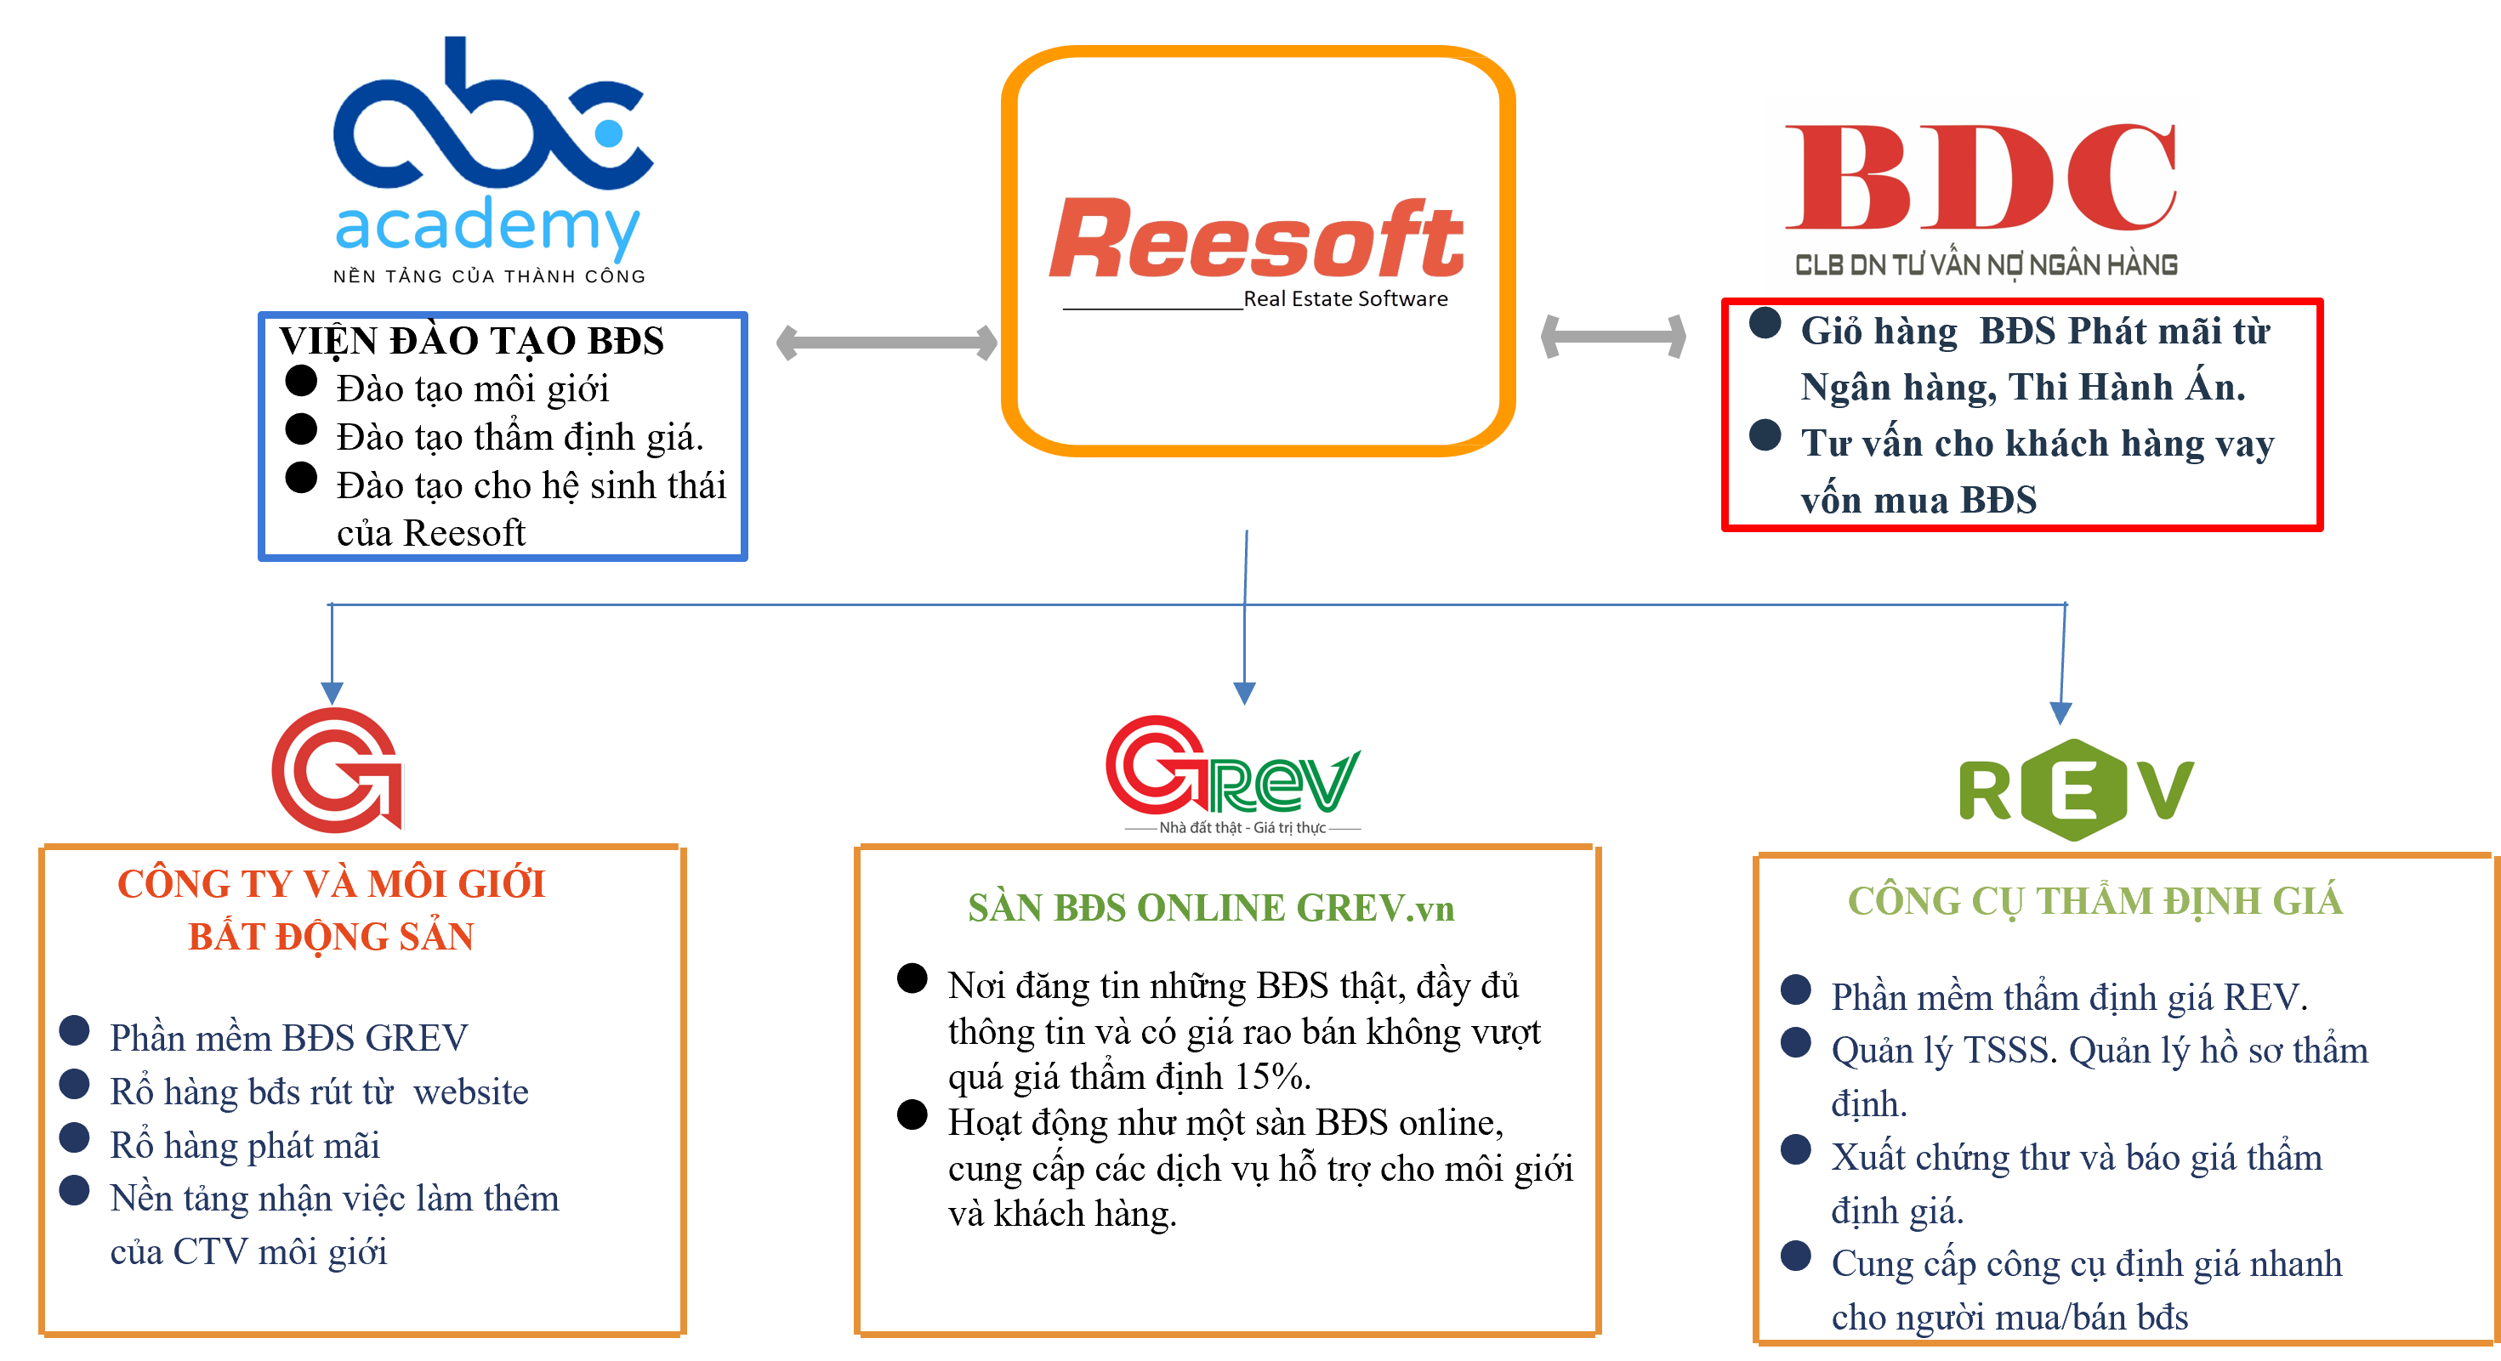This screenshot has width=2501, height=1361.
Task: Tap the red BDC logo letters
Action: click(1981, 178)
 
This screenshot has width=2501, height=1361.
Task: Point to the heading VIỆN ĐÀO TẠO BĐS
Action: click(472, 341)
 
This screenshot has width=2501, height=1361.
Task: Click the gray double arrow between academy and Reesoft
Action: click(886, 342)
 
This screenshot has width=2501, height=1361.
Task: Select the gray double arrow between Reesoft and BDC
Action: click(1613, 337)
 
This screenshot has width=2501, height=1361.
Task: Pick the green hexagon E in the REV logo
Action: click(2074, 789)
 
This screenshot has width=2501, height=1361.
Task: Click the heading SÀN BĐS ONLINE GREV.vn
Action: click(1211, 908)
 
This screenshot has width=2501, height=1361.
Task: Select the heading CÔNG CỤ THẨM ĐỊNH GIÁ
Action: click(2095, 901)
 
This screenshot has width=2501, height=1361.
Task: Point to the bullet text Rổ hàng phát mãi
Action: click(245, 1145)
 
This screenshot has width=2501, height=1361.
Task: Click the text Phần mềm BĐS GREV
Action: click(288, 1038)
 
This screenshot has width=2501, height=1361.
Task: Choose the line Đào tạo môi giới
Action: click(473, 388)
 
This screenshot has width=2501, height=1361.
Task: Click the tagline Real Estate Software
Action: click(1345, 299)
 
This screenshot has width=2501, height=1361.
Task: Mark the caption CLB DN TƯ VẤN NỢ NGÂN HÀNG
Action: click(1986, 265)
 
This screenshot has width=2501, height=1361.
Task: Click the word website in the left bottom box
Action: click(471, 1092)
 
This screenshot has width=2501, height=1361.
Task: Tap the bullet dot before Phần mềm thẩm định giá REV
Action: click(1796, 990)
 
